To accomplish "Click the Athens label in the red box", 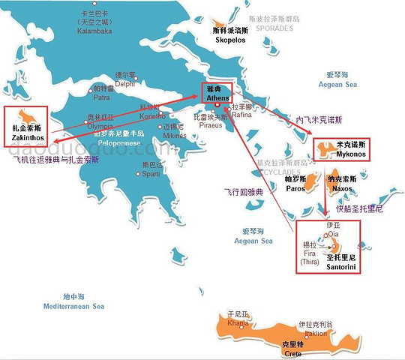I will point(216,96).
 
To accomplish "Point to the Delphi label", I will point(124,84).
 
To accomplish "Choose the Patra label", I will point(101,97).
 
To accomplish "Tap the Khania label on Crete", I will point(237,323).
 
